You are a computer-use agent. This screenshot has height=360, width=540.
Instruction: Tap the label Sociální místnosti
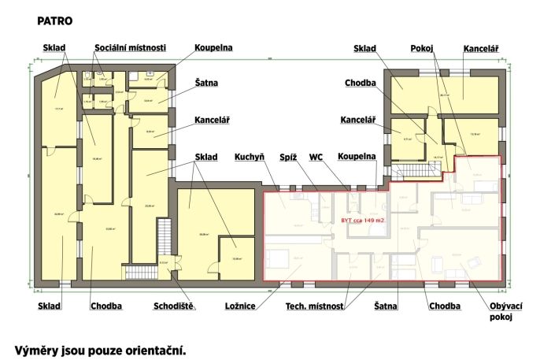point(130,48)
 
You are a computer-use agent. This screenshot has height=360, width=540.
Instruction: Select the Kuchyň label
point(250,157)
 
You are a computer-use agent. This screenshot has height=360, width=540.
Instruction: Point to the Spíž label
point(287,157)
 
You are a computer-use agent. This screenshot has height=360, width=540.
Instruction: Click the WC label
point(316,157)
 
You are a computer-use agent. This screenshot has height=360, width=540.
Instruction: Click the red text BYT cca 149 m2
point(362,220)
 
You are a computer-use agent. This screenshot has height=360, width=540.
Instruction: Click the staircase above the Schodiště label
point(164,236)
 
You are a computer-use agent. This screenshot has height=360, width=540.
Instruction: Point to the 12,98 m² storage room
point(235,257)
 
